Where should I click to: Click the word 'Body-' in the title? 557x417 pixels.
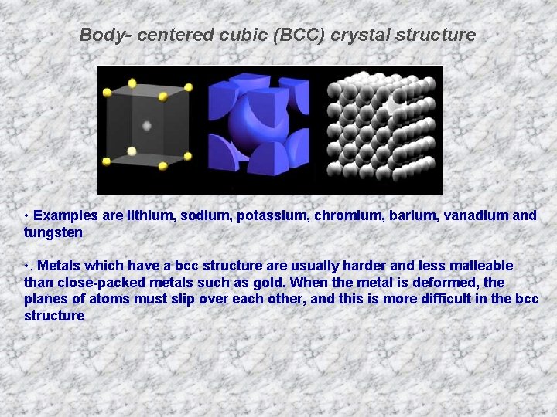point(101,35)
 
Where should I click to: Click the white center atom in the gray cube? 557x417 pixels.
point(146,125)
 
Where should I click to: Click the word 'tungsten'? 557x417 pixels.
point(53,232)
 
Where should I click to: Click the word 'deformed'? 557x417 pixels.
point(451,283)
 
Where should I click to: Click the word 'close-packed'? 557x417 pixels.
point(97,283)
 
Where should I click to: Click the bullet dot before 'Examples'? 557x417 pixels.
point(26,215)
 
